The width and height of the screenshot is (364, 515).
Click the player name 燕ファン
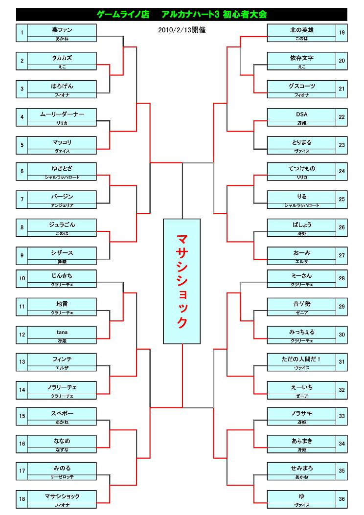coord(62,30)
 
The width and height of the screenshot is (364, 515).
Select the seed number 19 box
coord(341,33)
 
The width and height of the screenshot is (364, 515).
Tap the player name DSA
coord(302,114)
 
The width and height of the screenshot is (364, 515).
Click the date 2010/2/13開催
coord(182,30)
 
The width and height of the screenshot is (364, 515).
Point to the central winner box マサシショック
coord(182,281)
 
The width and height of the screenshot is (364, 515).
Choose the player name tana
coord(62,333)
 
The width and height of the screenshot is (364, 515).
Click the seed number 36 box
coord(341,499)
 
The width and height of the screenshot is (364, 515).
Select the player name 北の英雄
coord(302,30)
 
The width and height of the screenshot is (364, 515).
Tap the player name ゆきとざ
coord(62,169)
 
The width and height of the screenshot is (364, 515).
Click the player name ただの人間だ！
coord(302,359)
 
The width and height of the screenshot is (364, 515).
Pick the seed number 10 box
coord(22,279)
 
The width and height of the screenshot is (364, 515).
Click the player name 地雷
coord(62,304)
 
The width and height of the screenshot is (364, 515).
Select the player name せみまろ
coord(302,468)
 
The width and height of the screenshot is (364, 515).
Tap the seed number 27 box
coord(341,256)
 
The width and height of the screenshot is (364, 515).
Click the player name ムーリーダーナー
coord(62,114)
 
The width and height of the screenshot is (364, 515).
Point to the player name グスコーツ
coord(302,86)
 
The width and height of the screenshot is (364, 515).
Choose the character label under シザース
coord(62,262)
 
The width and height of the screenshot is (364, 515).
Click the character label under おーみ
coord(302,262)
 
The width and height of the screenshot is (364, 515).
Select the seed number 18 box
coord(22,499)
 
